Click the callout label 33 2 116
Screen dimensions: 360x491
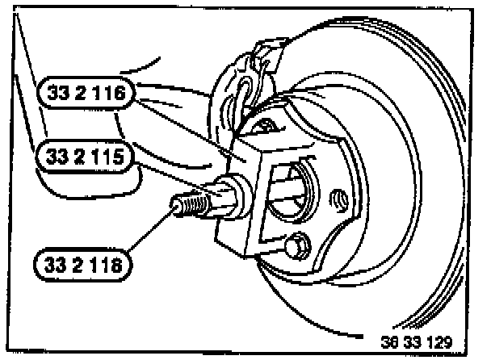[86, 95]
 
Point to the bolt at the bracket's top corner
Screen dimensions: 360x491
[264, 123]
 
